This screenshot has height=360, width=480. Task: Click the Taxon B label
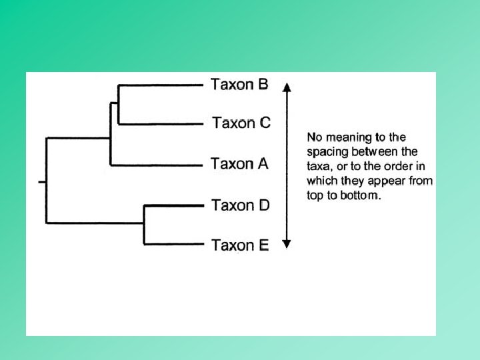[240, 85]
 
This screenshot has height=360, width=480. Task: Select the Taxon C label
[241, 123]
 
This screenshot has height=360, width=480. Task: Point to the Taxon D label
[241, 205]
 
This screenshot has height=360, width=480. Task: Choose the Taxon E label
[240, 245]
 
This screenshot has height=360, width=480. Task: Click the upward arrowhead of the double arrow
[287, 87]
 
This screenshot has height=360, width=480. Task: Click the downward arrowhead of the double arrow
[287, 243]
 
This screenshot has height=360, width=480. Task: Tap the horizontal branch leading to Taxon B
[160, 85]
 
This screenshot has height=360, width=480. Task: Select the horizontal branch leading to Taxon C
[160, 124]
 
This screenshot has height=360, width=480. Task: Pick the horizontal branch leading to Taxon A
[157, 165]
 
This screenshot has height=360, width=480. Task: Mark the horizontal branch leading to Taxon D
[173, 205]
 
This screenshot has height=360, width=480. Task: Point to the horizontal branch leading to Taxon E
[173, 245]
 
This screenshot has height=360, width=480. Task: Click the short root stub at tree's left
[42, 181]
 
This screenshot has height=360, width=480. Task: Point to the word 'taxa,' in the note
[319, 166]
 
